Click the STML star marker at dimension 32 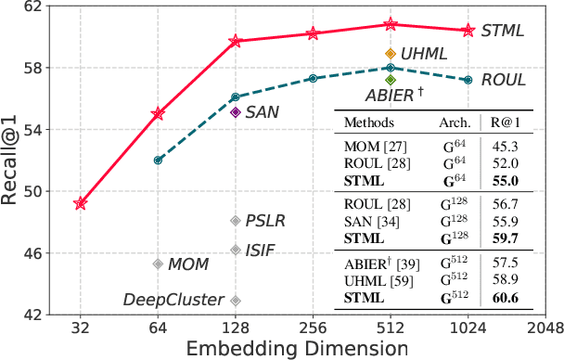(x=81, y=203)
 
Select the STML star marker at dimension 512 (x=391, y=25)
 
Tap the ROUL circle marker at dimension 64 (x=158, y=160)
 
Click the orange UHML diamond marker (x=391, y=54)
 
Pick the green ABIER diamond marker (x=391, y=80)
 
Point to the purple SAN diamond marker (x=236, y=112)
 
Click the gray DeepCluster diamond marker (x=236, y=300)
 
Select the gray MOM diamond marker (x=158, y=264)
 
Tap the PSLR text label (x=265, y=221)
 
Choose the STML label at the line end (x=502, y=31)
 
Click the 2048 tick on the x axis (x=545, y=328)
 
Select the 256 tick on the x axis (x=313, y=328)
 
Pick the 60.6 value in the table (x=506, y=297)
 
